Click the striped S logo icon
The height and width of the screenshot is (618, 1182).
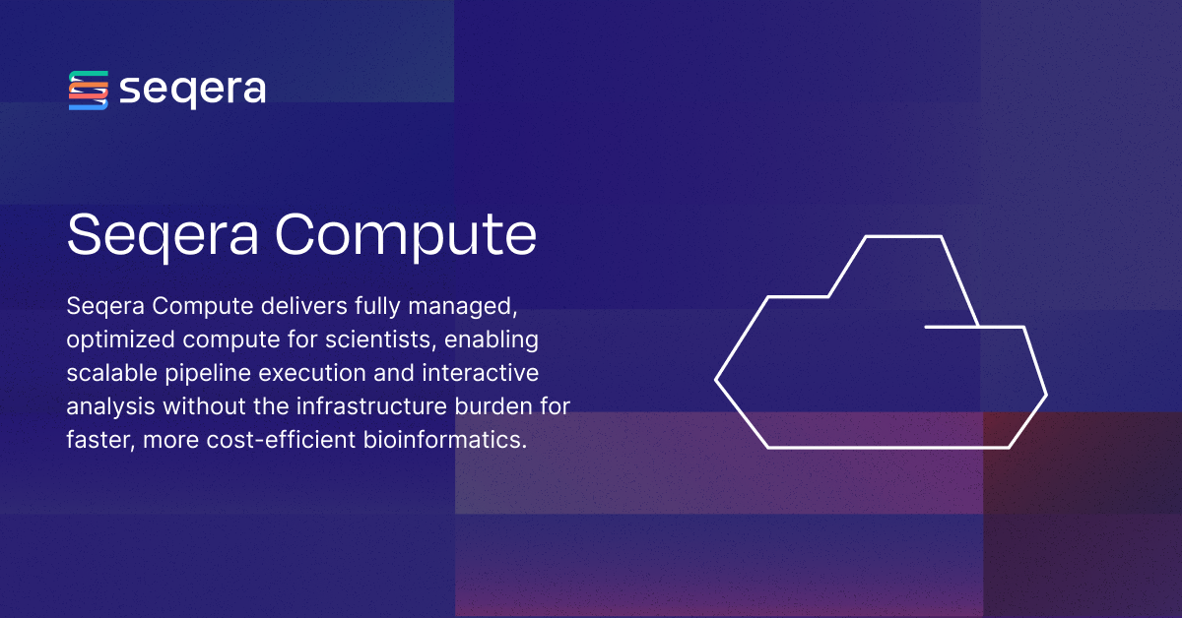click(88, 91)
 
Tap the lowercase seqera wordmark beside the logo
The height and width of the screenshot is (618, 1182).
click(192, 91)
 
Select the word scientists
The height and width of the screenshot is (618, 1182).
click(382, 340)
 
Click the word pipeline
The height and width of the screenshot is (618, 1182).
click(212, 374)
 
